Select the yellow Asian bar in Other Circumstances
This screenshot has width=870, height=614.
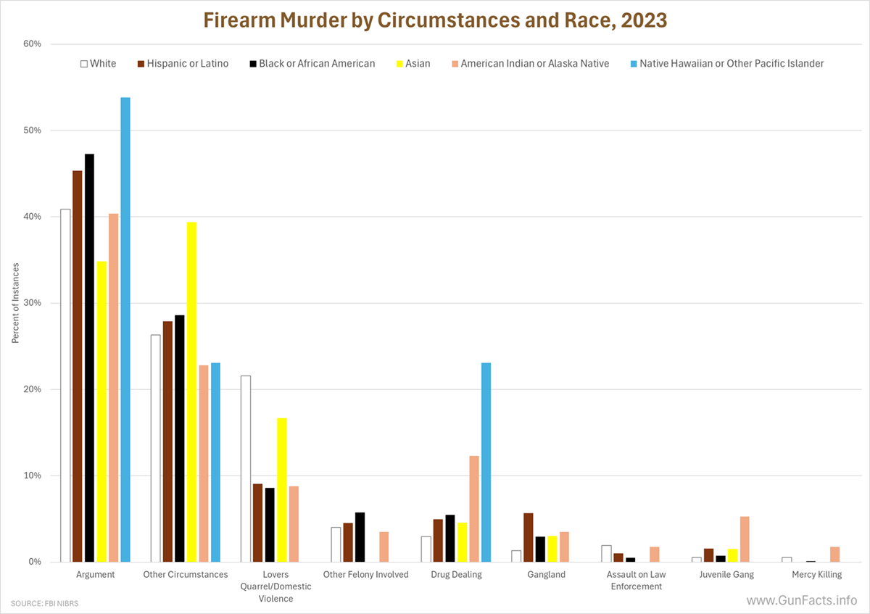pos(191,391)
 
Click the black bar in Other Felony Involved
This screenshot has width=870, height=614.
pos(360,537)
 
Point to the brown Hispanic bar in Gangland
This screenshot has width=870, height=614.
pos(528,537)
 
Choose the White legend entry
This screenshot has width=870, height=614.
pos(98,64)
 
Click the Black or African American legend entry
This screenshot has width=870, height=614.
pos(311,64)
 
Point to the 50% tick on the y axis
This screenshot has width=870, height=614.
pos(32,130)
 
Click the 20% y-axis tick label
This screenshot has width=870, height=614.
pos(32,389)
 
